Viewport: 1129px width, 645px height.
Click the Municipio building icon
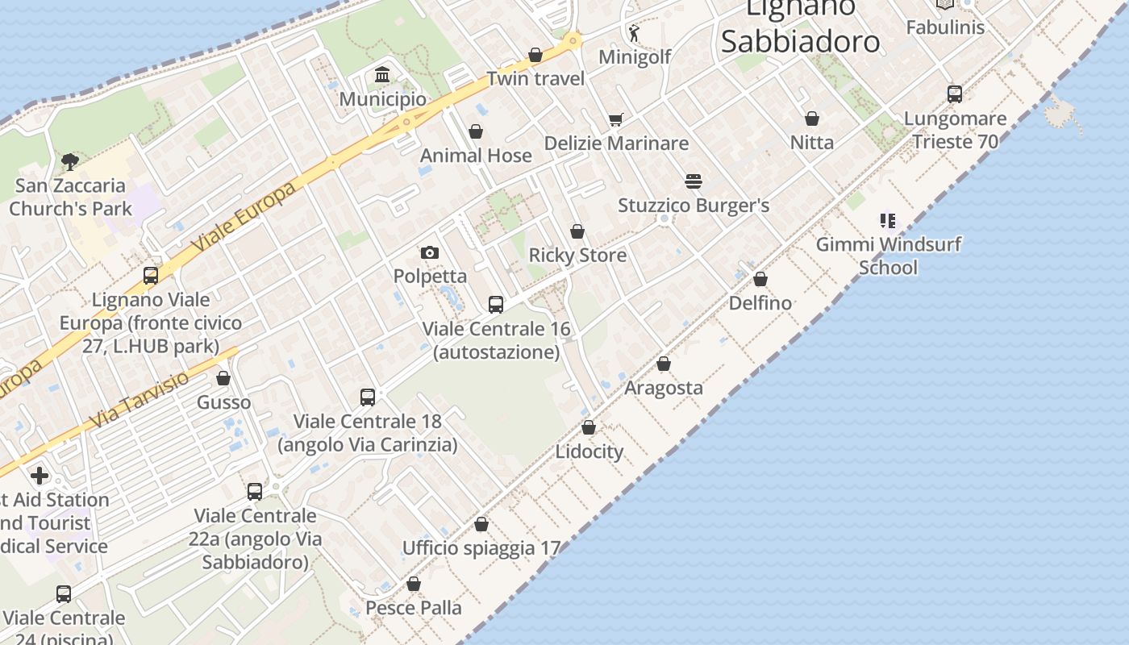(382, 75)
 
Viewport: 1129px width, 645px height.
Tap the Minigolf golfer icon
(634, 33)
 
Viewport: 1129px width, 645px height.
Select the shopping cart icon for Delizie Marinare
(616, 119)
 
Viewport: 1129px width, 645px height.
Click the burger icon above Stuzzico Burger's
(694, 181)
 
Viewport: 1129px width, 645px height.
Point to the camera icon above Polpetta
(430, 252)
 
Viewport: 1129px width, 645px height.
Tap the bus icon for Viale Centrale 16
(496, 305)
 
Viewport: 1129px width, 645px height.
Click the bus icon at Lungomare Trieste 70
(955, 94)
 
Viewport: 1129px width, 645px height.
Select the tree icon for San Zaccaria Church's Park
(70, 161)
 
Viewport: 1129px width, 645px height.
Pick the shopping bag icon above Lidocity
(589, 427)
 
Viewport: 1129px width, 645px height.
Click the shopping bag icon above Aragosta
(664, 364)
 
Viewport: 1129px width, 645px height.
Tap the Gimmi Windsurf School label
(888, 256)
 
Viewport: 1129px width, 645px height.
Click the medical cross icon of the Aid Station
(39, 476)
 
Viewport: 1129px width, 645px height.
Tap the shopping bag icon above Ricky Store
(577, 232)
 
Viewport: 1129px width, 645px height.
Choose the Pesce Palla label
(414, 608)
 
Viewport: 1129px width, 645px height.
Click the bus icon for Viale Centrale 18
(368, 397)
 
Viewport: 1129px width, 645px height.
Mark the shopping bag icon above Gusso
(223, 378)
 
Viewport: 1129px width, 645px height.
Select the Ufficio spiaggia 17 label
(481, 548)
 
